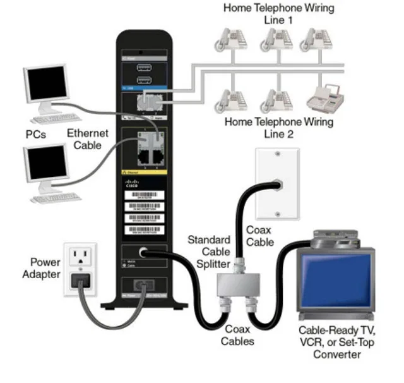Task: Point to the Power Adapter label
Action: click(x=42, y=268)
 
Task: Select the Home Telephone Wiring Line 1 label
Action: click(x=279, y=14)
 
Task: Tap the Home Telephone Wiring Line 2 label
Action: click(x=279, y=128)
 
